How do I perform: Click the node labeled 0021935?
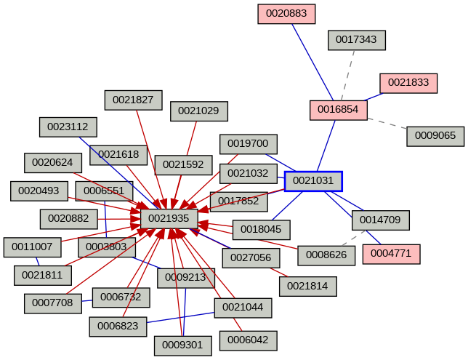[x=169, y=218]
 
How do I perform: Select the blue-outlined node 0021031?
[x=313, y=181]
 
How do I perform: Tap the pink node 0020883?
[x=286, y=14]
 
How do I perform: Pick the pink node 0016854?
[x=339, y=110]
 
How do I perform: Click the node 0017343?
[x=357, y=40]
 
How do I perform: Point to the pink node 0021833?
[x=408, y=83]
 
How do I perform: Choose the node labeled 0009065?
[x=435, y=136]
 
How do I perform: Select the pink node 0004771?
[x=392, y=254]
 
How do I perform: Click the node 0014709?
[x=381, y=220]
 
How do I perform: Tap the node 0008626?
[x=326, y=255]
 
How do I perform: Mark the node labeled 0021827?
[x=133, y=100]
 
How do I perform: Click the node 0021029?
[x=199, y=111]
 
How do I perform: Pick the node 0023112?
[x=68, y=127]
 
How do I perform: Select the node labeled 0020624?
[x=53, y=163]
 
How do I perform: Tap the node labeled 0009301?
[x=183, y=345]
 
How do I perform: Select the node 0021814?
[x=308, y=287]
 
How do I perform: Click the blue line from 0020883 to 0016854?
[x=314, y=63]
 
